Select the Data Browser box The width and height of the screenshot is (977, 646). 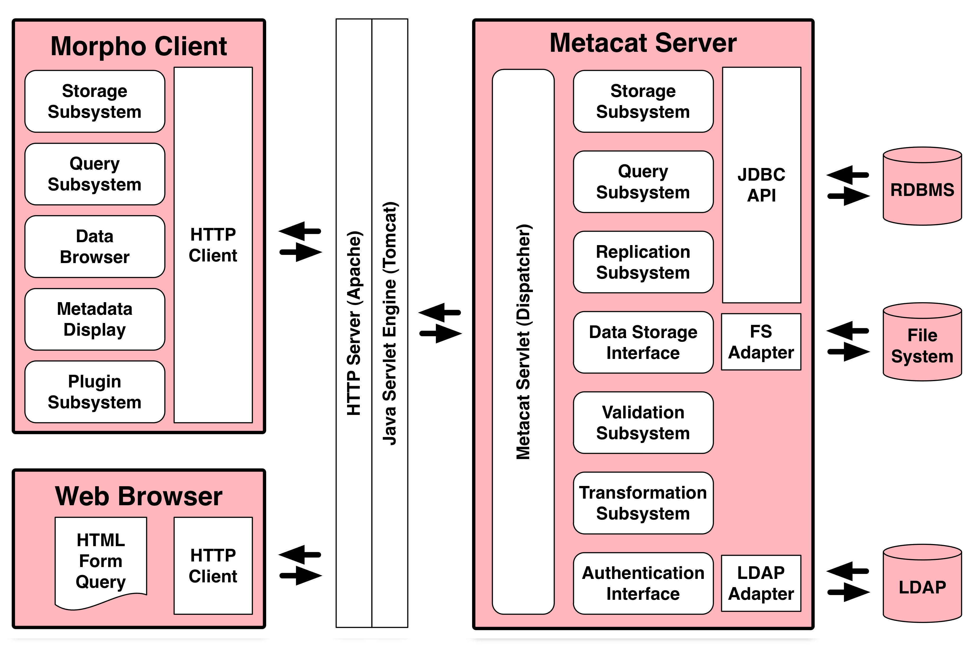(95, 246)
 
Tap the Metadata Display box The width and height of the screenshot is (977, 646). (95, 319)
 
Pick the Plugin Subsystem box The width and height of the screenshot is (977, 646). (95, 392)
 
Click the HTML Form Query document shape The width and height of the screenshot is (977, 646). (101, 561)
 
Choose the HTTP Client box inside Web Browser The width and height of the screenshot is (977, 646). (213, 566)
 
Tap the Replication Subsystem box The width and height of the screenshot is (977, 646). (643, 262)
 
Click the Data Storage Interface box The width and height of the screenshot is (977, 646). (643, 342)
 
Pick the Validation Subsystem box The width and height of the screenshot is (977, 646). (643, 423)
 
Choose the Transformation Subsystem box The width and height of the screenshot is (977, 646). (643, 503)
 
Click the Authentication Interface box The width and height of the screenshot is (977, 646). (643, 583)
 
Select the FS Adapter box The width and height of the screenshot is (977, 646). (761, 342)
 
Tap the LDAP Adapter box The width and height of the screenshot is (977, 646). (761, 583)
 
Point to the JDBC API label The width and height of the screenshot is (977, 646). (761, 185)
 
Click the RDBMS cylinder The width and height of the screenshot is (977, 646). (922, 190)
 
